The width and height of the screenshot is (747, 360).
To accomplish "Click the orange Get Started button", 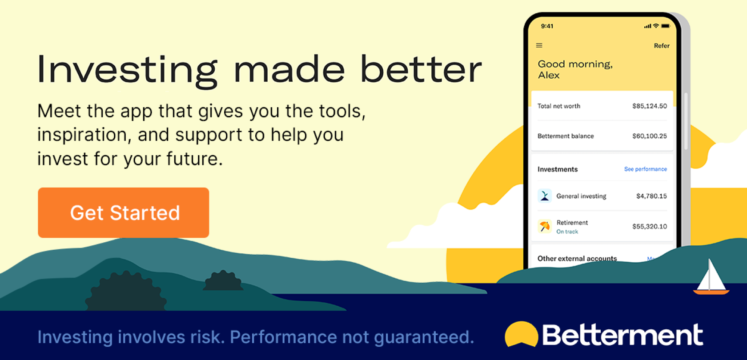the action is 124,212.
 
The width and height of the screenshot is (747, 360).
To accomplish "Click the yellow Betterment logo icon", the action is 521,334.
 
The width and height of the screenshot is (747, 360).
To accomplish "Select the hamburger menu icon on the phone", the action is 539,45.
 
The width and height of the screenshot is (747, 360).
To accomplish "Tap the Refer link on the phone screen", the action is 662,46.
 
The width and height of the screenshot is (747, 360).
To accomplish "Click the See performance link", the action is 646,169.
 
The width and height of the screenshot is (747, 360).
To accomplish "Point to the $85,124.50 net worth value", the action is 650,106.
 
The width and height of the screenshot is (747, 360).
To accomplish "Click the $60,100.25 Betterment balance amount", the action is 650,136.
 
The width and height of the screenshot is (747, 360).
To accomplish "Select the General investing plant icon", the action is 545,196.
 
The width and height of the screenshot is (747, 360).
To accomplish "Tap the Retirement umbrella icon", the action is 545,226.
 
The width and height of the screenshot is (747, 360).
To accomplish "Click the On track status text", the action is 567,232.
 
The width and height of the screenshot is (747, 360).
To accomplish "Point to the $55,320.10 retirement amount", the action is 650,227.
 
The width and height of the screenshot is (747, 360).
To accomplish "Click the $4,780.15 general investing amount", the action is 652,196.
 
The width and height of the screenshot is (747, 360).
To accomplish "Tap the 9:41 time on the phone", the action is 547,26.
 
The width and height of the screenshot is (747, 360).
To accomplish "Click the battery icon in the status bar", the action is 666,26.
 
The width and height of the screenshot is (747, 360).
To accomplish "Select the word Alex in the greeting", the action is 549,75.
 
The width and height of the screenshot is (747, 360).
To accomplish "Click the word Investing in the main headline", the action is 127,70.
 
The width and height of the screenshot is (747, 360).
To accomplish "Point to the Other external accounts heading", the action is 577,258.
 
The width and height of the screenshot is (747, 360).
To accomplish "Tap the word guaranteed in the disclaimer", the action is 424,337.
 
